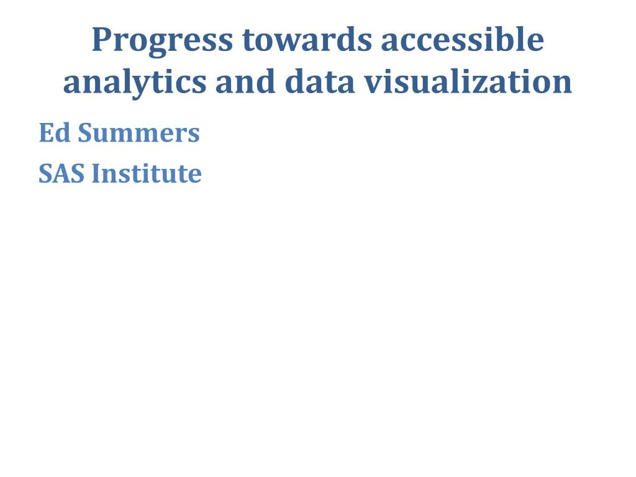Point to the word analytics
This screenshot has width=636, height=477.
(135, 82)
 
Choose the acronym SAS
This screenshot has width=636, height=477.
(61, 174)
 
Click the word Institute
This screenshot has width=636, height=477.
(147, 174)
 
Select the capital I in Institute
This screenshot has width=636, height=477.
(96, 174)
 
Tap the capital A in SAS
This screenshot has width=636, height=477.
(61, 174)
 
